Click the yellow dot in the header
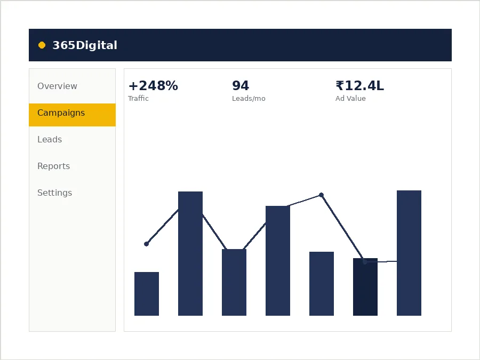(42, 45)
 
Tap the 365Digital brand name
(85, 45)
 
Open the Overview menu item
(57, 86)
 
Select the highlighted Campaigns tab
(72, 115)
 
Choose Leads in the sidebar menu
(50, 139)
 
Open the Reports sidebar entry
(53, 166)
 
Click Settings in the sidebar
(55, 193)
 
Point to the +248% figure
(153, 86)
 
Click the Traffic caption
(138, 98)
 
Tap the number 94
(241, 86)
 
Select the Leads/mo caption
(249, 99)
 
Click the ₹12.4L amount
(359, 86)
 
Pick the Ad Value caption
(350, 98)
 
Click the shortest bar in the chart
(147, 293)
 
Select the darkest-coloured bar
(365, 287)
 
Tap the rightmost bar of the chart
(409, 253)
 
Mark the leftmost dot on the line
(146, 244)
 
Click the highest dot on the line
(321, 195)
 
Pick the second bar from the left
(190, 253)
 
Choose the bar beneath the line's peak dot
(322, 284)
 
